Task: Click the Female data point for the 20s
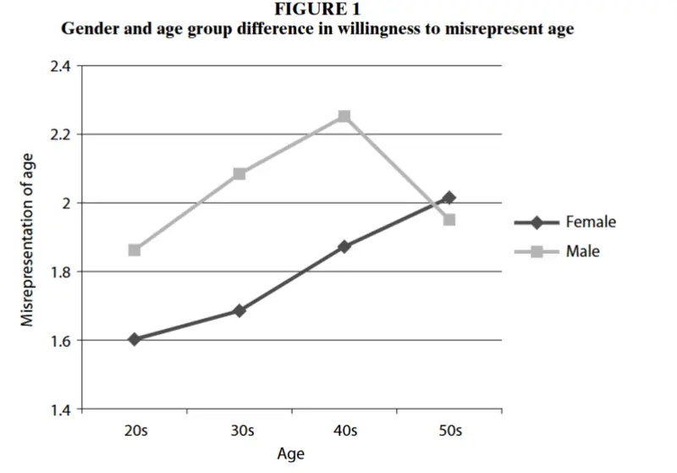point(135,339)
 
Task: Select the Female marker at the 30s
point(239,311)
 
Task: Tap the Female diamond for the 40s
point(344,247)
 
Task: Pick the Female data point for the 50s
point(449,198)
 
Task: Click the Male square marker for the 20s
point(135,250)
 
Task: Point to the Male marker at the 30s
point(239,174)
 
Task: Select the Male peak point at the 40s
point(344,116)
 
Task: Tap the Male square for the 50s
point(449,220)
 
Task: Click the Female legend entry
point(565,223)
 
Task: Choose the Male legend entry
point(557,251)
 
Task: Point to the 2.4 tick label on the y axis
point(60,67)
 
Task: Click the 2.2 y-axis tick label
point(60,135)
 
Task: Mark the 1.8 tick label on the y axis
point(60,272)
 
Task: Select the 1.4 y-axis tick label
point(60,410)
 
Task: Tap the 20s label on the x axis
point(135,431)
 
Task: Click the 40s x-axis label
point(345,431)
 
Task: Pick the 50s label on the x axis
point(450,431)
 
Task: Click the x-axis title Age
point(290,454)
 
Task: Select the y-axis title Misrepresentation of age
point(27,240)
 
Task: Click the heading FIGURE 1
point(317,9)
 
